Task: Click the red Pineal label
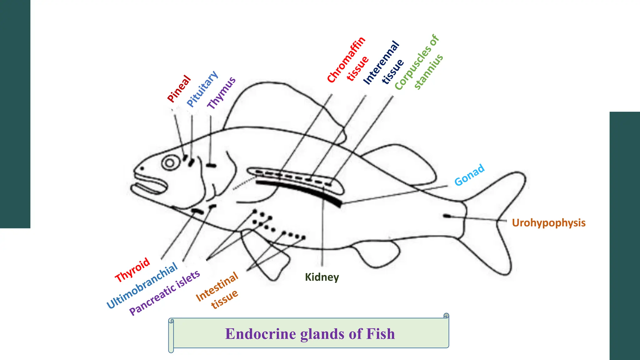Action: click(179, 89)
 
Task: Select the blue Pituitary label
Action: click(202, 89)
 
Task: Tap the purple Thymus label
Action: click(222, 93)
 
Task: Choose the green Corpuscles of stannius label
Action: click(419, 62)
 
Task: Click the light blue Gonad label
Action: click(469, 175)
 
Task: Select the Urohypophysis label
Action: click(548, 223)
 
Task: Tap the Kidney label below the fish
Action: click(322, 277)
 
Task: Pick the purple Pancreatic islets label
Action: click(165, 292)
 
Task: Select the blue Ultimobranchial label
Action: click(142, 286)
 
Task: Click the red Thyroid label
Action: click(132, 270)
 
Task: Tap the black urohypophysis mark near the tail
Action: click(447, 216)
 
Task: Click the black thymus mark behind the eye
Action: click(211, 165)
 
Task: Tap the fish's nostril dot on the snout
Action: click(142, 168)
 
